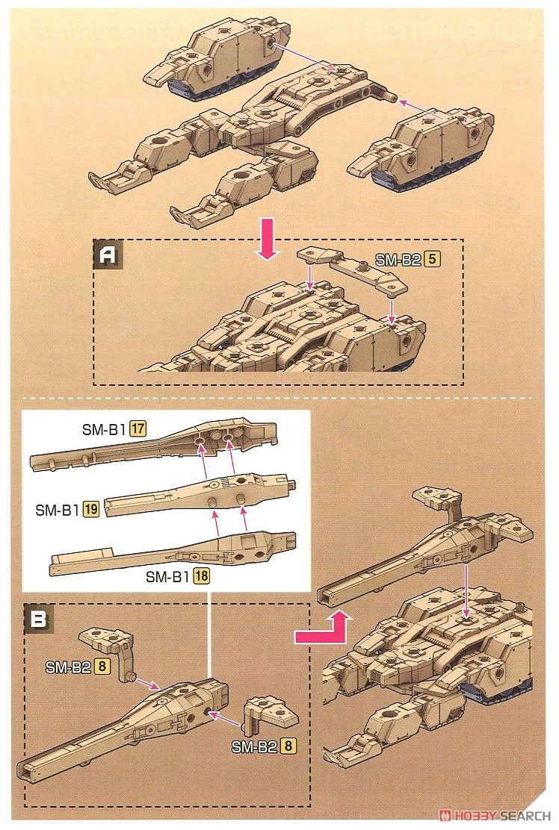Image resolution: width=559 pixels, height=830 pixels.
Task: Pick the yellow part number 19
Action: click(x=91, y=510)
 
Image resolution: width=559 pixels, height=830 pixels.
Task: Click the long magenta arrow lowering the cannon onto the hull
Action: click(x=467, y=590)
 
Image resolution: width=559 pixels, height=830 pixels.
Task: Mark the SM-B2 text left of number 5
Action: click(x=399, y=260)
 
